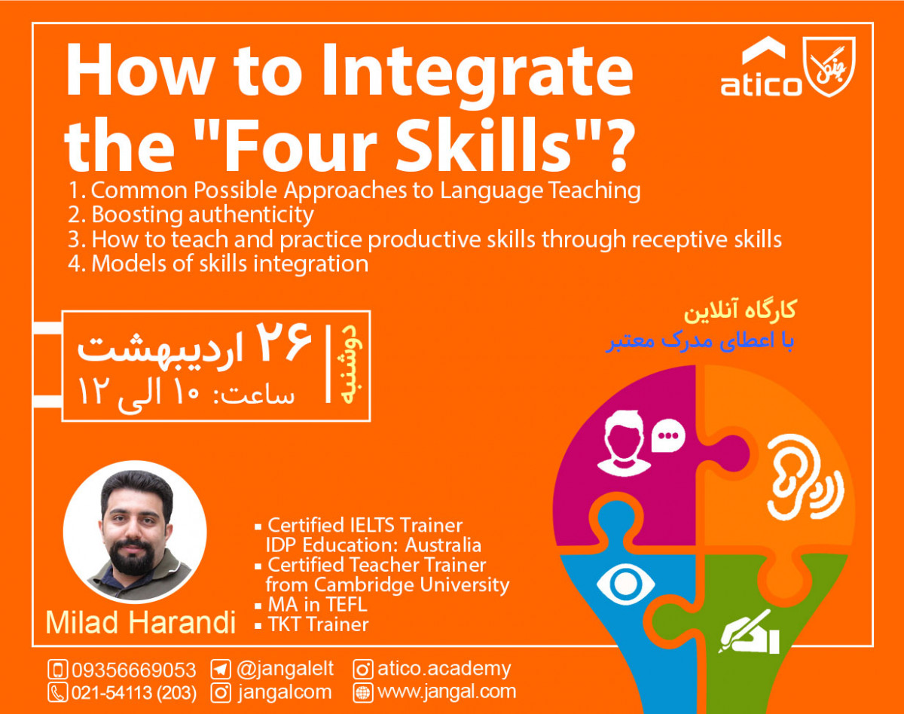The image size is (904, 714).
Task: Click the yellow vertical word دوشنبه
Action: click(x=348, y=365)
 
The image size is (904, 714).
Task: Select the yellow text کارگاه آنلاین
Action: click(x=743, y=311)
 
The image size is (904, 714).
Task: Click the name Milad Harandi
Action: click(x=140, y=622)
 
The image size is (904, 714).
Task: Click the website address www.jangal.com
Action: click(x=446, y=691)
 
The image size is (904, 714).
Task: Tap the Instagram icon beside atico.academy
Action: click(x=363, y=669)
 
